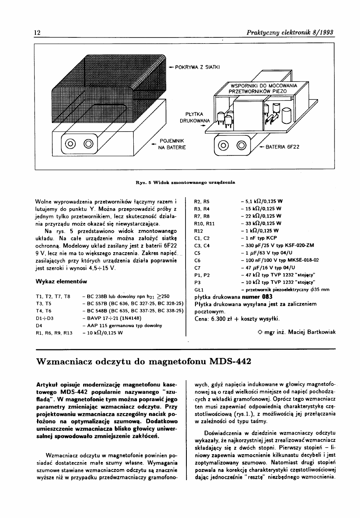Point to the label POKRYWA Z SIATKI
pos(198,67)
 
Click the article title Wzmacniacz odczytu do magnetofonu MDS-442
pos(144,362)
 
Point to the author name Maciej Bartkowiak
pos(310,332)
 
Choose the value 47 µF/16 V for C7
pos(268,267)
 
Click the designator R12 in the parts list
pos(199,230)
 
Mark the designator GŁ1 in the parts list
pos(200,290)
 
